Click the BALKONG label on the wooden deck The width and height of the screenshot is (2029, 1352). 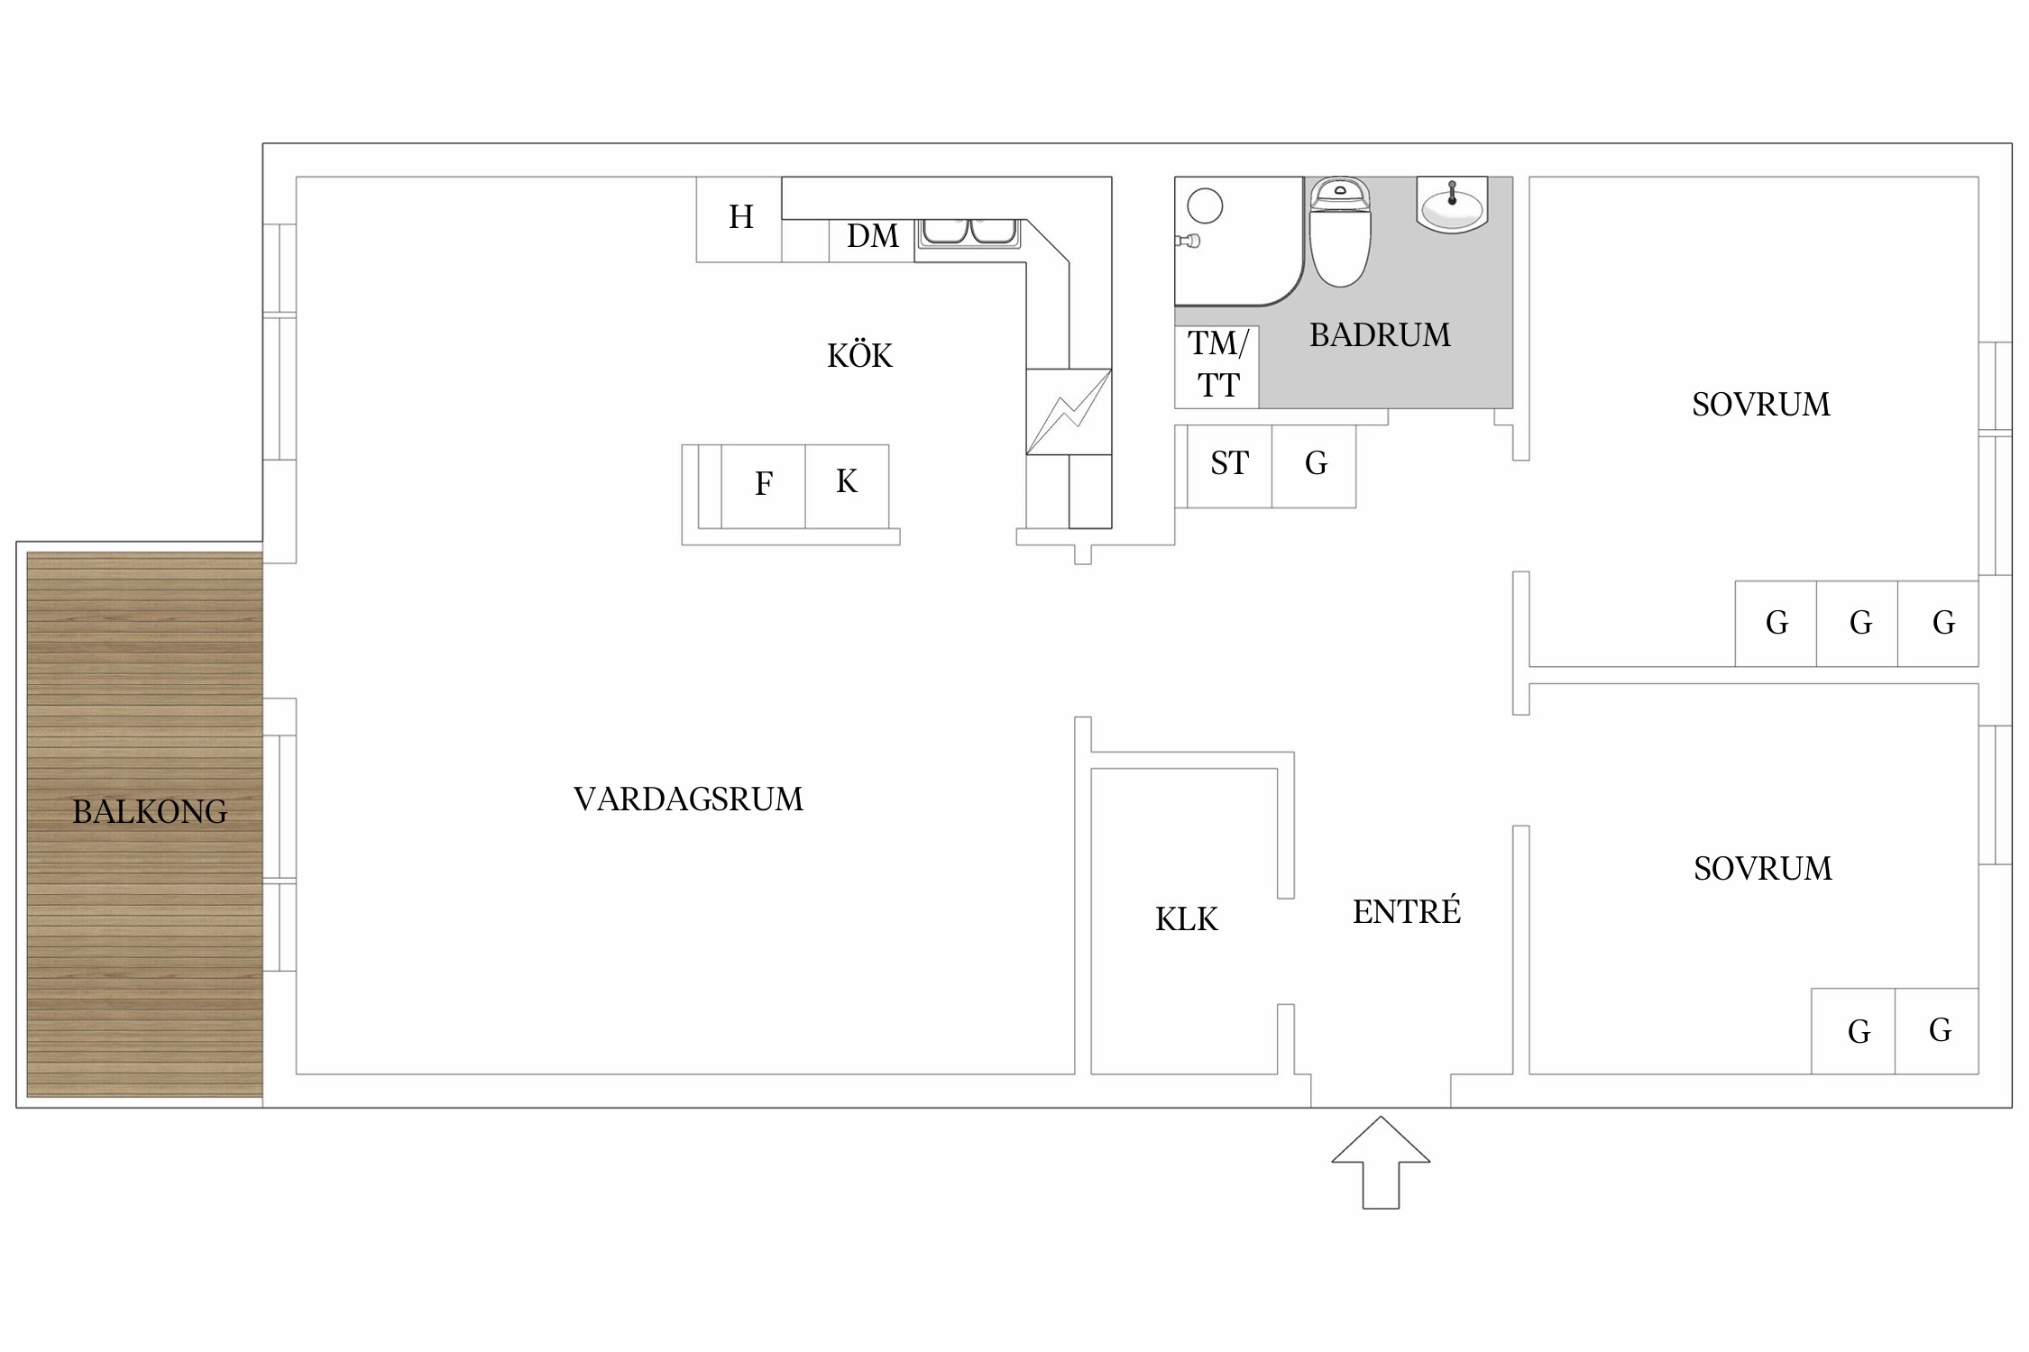pos(150,812)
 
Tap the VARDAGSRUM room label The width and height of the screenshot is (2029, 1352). pos(688,799)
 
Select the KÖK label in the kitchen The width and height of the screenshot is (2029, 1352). pos(859,355)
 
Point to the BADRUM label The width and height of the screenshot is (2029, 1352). pos(1380,335)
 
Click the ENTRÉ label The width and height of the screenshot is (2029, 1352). pos(1406,911)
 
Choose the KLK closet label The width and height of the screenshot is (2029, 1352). pos(1186,919)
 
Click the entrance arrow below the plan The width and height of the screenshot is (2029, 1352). pos(1381,1163)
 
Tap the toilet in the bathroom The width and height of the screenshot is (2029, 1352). pos(1339,232)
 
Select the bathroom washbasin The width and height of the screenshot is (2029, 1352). pos(1452,206)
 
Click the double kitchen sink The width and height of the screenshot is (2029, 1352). pos(969,233)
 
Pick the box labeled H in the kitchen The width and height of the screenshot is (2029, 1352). pos(739,219)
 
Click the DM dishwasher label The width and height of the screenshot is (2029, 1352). pos(873,236)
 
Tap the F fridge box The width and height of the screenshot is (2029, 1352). pos(763,486)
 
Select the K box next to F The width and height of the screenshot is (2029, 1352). pos(847,486)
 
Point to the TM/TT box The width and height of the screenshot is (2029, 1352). pos(1216,367)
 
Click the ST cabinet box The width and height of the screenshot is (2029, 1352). pos(1229,466)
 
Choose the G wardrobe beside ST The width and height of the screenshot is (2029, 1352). pos(1314,466)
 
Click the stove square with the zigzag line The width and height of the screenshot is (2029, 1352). pos(1069,412)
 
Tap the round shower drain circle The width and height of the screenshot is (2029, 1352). pos(1205,206)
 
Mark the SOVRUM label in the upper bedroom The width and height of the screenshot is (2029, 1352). pos(1761,405)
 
